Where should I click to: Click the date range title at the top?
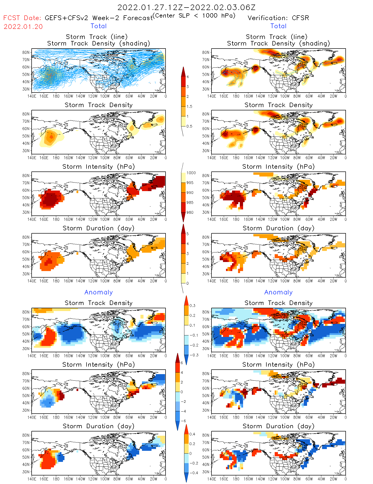[x=186, y=7]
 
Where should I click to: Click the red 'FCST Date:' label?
[x=22, y=18]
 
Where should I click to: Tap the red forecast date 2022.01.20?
[x=23, y=27]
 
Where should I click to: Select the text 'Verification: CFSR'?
[x=278, y=18]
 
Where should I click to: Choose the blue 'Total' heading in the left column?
[x=99, y=26]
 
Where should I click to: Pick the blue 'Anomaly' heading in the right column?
[x=278, y=292]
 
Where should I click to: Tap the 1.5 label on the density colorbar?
[x=189, y=106]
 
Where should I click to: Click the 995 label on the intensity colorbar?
[x=190, y=183]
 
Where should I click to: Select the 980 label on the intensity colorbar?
[x=190, y=212]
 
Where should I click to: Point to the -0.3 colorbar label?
[x=194, y=355]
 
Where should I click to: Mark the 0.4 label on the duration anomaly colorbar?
[x=192, y=434]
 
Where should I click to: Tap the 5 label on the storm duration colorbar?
[x=188, y=234]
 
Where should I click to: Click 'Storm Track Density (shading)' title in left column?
[x=99, y=43]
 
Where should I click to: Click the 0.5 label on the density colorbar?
[x=189, y=126]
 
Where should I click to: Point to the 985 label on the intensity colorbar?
[x=190, y=203]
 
